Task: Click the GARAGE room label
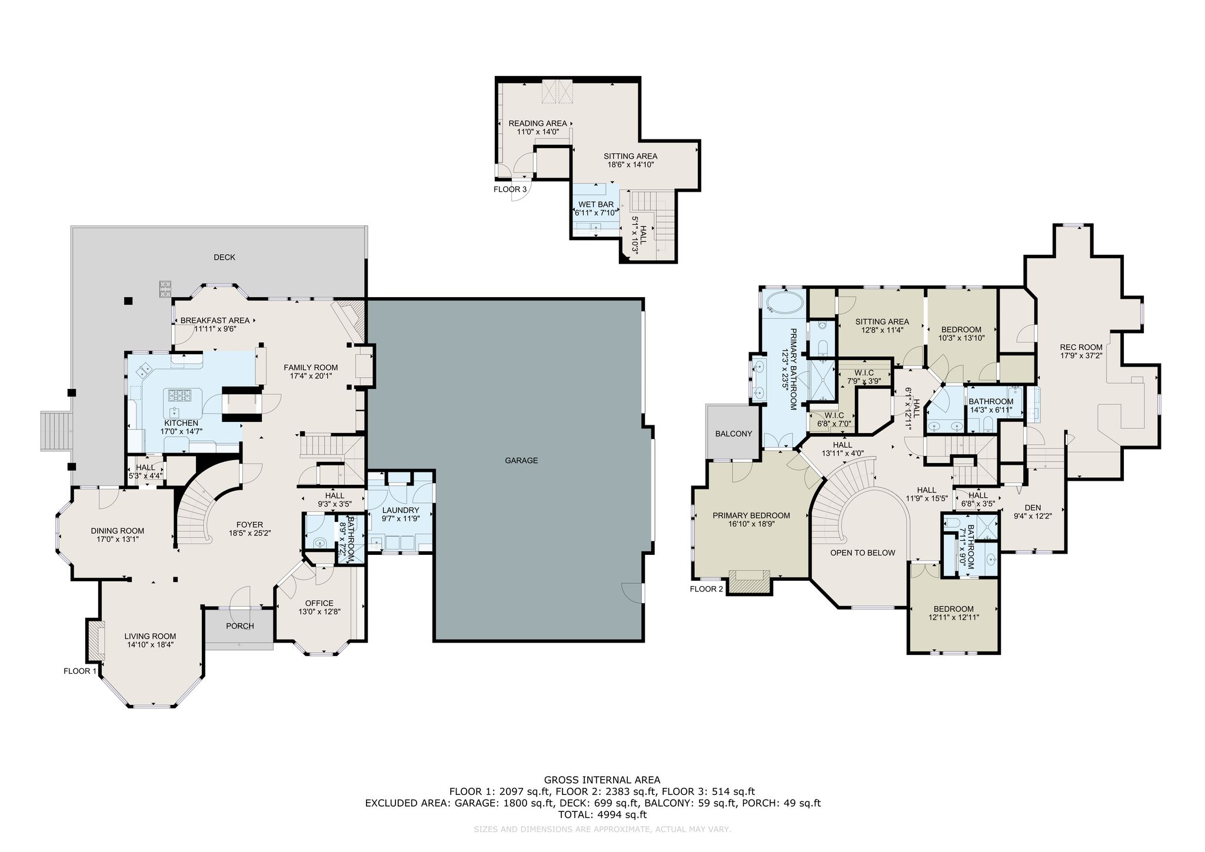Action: click(x=521, y=461)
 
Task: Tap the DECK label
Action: click(x=224, y=257)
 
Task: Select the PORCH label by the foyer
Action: click(x=240, y=626)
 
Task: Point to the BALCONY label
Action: click(x=734, y=434)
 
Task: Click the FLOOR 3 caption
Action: click(x=510, y=189)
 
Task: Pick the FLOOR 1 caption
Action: click(x=80, y=671)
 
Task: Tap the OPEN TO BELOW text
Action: click(x=863, y=553)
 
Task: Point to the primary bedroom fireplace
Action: click(x=749, y=580)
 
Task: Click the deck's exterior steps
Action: click(x=56, y=431)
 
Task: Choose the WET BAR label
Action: click(x=596, y=205)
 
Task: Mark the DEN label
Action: click(x=1033, y=508)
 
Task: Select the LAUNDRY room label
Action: click(x=401, y=510)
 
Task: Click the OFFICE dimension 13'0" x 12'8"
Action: click(x=319, y=611)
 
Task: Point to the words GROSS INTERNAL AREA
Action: click(x=602, y=781)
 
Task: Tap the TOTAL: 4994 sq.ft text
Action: click(x=602, y=815)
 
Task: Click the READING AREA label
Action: click(x=538, y=124)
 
